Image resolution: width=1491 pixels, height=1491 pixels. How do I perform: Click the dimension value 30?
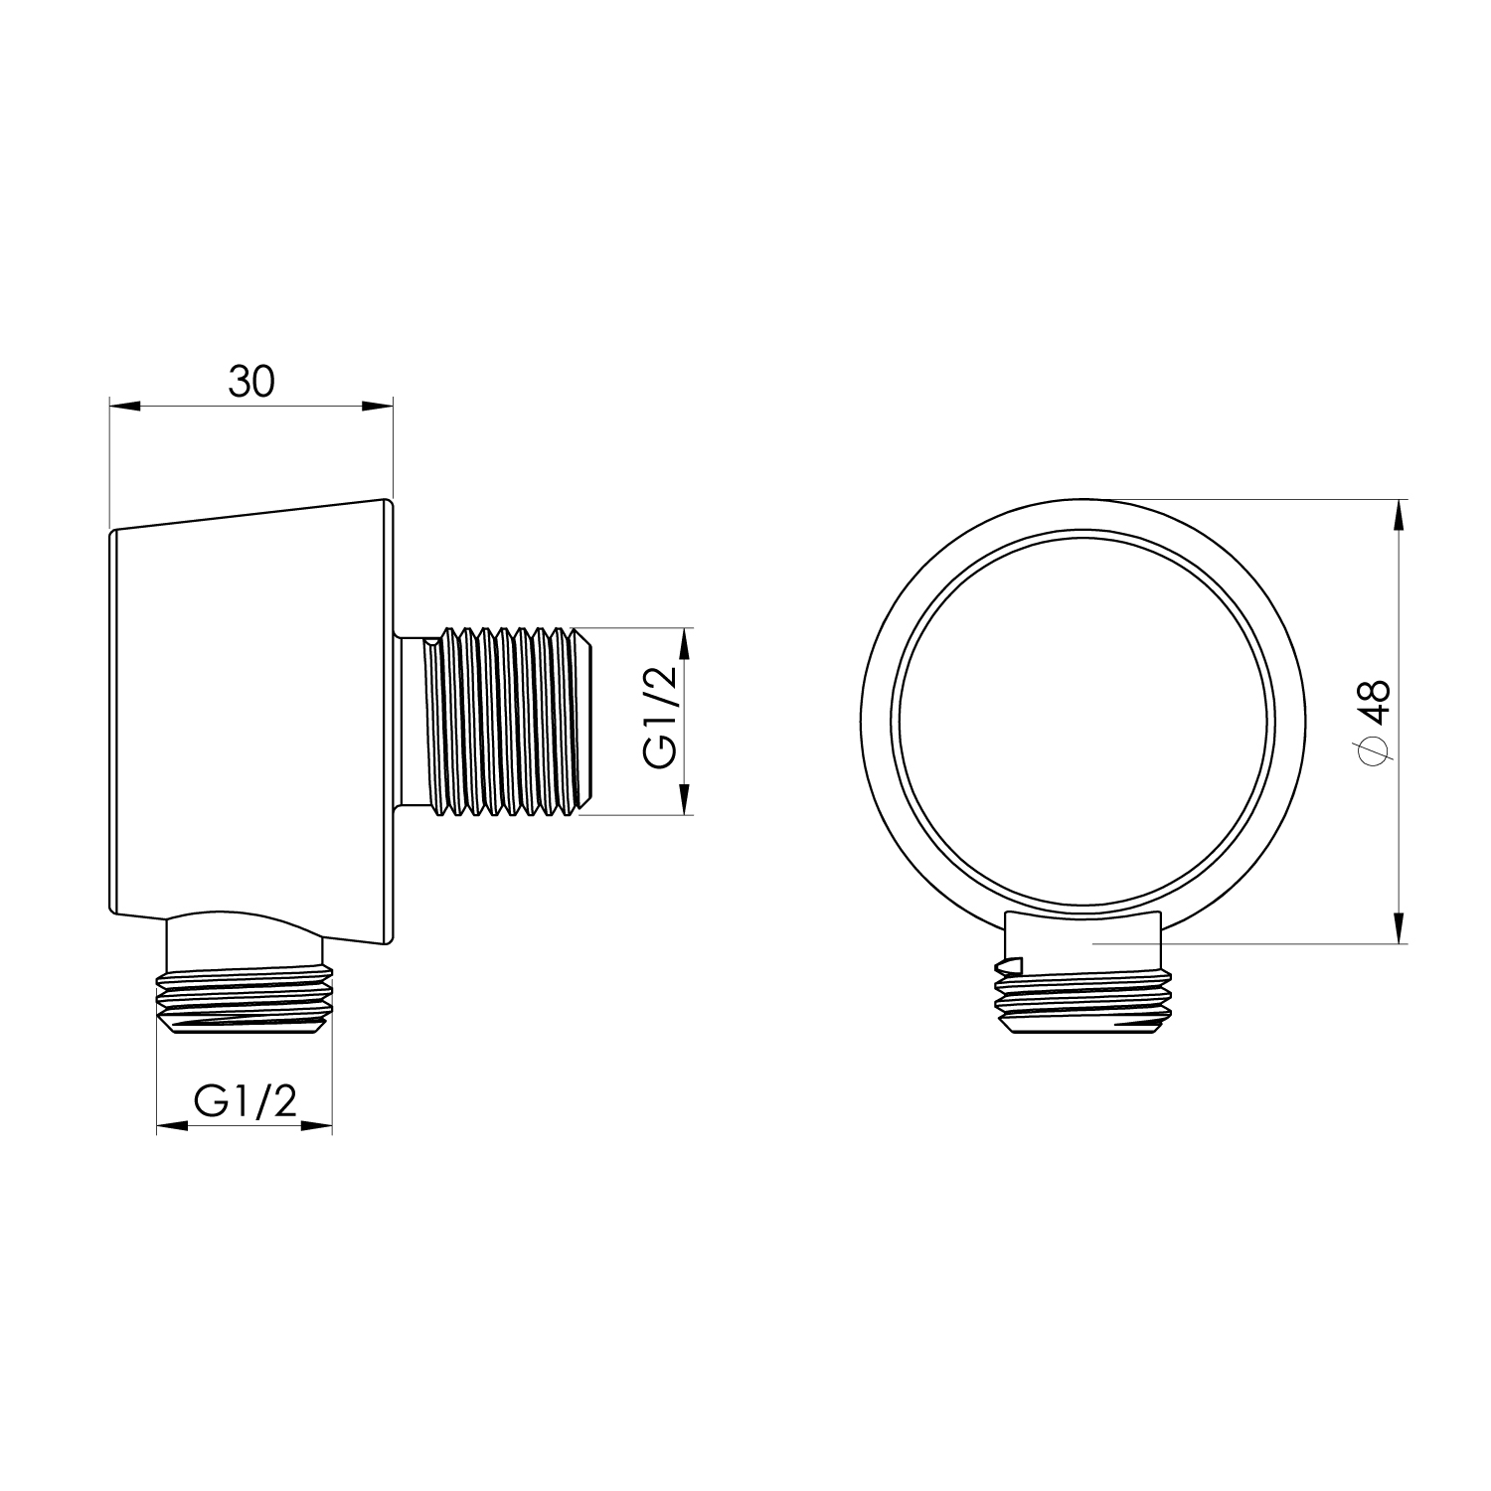click(250, 382)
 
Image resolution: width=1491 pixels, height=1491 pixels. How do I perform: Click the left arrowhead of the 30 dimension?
click(124, 406)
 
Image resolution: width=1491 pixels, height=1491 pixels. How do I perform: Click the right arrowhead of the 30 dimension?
click(378, 406)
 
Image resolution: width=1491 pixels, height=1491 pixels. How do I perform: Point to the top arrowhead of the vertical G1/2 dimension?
click(684, 644)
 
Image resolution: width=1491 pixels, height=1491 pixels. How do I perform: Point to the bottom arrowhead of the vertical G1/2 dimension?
click(684, 799)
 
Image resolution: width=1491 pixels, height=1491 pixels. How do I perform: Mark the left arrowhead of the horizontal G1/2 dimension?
click(173, 1126)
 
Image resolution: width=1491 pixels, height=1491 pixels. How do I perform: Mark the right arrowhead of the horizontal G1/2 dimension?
click(316, 1126)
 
